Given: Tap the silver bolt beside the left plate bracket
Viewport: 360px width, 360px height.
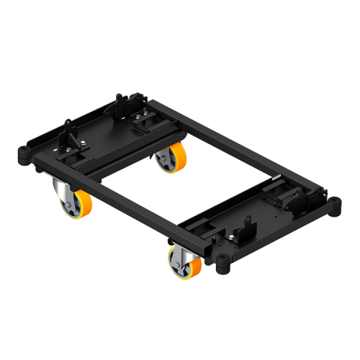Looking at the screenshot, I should click(x=85, y=146).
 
